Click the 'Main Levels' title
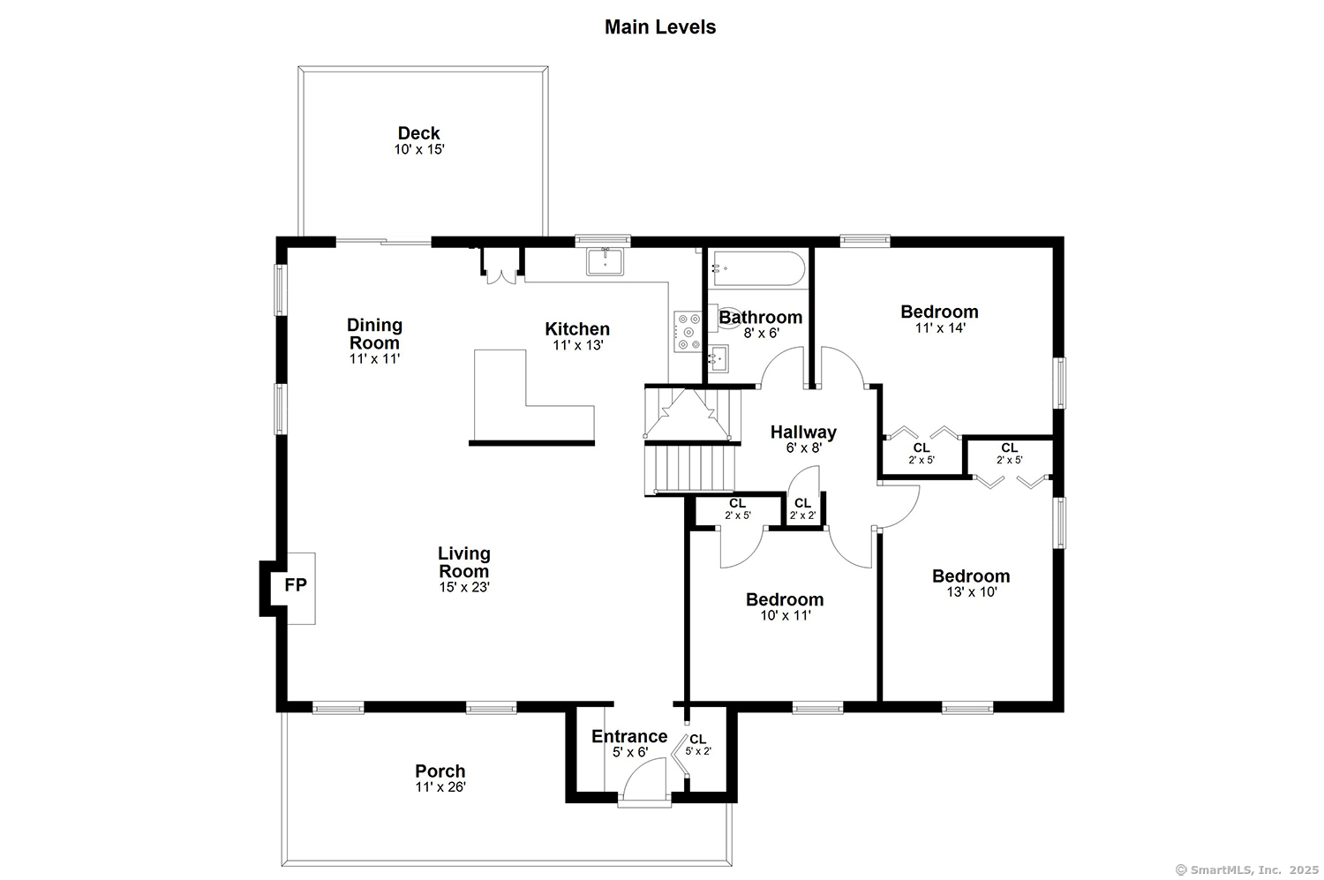659,27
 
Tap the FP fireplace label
296,585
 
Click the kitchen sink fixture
605,262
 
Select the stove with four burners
688,332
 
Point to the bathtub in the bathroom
758,269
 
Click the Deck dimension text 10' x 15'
419,149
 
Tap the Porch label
440,771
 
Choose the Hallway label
803,432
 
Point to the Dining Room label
374,334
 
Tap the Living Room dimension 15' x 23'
464,588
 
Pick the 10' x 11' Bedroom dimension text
785,616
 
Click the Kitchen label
577,328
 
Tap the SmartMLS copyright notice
1246,870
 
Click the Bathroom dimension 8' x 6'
761,334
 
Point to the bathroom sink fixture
718,358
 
